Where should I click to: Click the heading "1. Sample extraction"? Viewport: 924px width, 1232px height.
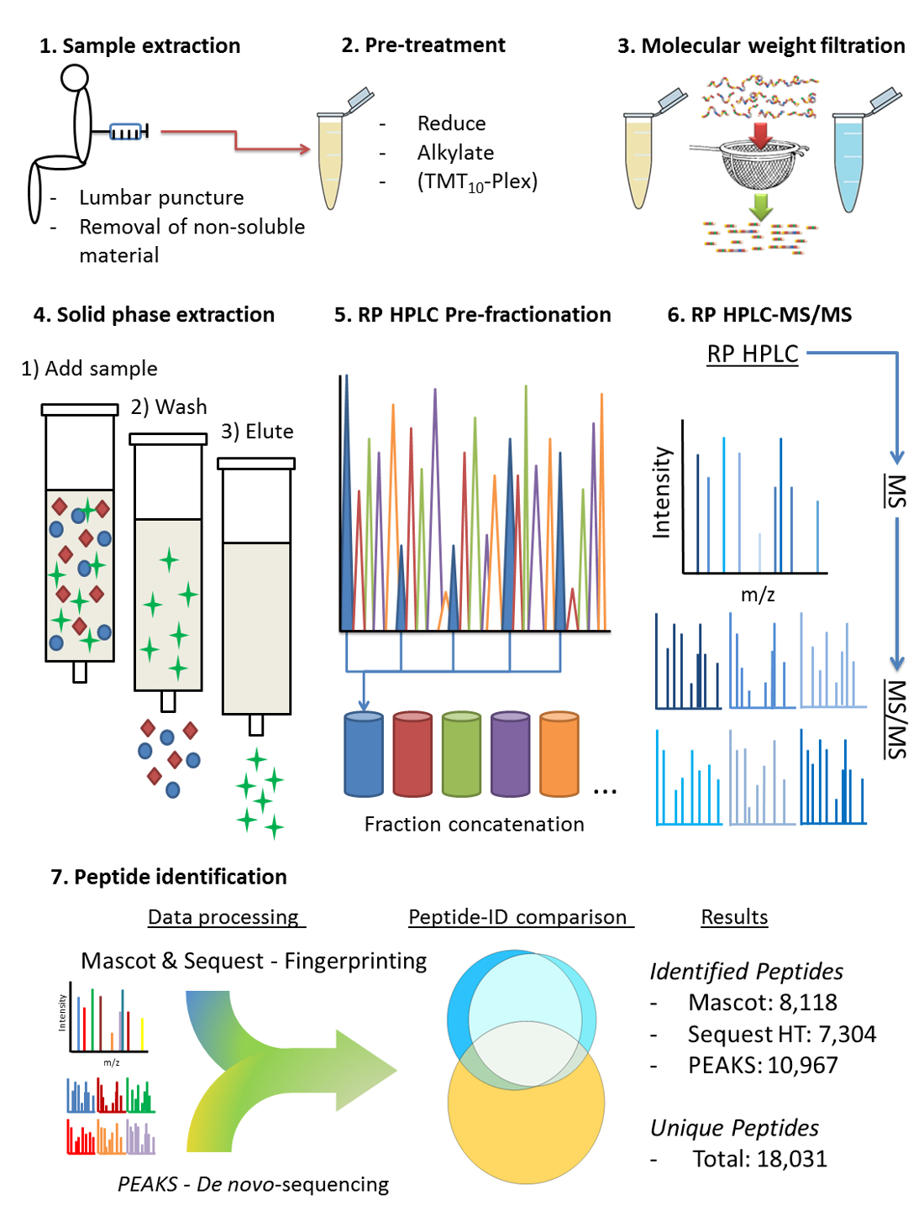pyautogui.click(x=139, y=45)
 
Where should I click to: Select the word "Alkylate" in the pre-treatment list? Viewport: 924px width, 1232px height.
pyautogui.click(x=455, y=153)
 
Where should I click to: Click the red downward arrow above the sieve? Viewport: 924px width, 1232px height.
pyautogui.click(x=761, y=135)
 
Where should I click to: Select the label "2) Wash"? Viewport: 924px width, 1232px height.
pyautogui.click(x=169, y=406)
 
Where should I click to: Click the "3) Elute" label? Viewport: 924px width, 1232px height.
pyautogui.click(x=257, y=431)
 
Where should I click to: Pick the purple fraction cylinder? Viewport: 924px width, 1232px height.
pyautogui.click(x=510, y=754)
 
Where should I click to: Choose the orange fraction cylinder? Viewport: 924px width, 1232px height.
pyautogui.click(x=559, y=754)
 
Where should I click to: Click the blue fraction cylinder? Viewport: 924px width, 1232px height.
pyautogui.click(x=364, y=754)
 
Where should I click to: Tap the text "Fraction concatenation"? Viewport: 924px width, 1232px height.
pyautogui.click(x=475, y=824)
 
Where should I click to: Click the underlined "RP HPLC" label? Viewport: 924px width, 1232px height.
pyautogui.click(x=753, y=354)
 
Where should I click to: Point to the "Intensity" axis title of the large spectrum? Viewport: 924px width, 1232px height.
pyautogui.click(x=661, y=492)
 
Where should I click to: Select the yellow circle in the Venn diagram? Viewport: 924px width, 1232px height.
pyautogui.click(x=526, y=1101)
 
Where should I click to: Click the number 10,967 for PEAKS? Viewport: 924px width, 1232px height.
pyautogui.click(x=802, y=1065)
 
